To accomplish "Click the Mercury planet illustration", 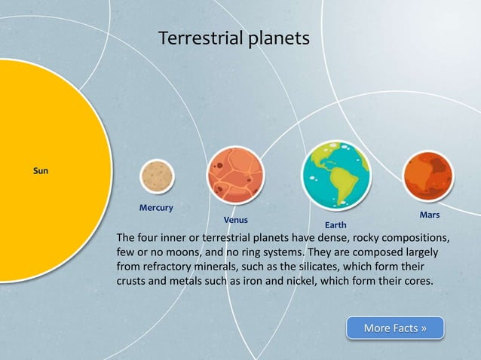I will pos(157,176).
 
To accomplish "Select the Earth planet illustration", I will pos(335,175).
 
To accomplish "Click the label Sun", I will pos(41,172).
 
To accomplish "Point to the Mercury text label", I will pos(157,207).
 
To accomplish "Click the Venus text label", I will pos(236,220).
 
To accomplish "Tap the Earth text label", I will pos(335,225).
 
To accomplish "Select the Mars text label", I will pos(429,215).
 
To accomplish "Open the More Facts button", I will pos(395,328).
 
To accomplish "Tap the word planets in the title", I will pos(280,38).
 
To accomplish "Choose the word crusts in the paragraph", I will pos(132,282).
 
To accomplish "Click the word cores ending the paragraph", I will pos(416,282).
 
